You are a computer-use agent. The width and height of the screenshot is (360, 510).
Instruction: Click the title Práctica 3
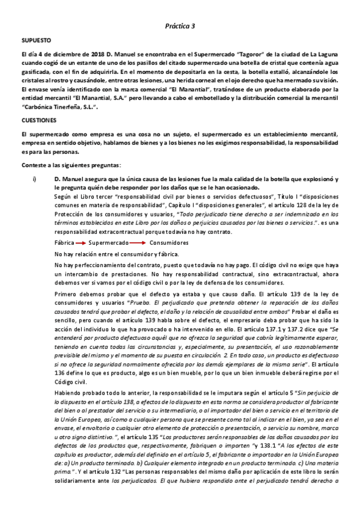[x=180, y=26]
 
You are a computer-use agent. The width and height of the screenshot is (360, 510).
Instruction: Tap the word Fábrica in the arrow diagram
[x=64, y=242]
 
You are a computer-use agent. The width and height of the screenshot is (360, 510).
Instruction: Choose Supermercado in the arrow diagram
[x=109, y=242]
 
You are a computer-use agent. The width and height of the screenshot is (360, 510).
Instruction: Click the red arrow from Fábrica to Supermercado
[x=82, y=243]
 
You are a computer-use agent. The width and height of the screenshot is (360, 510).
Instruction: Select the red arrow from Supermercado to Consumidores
[x=138, y=243]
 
